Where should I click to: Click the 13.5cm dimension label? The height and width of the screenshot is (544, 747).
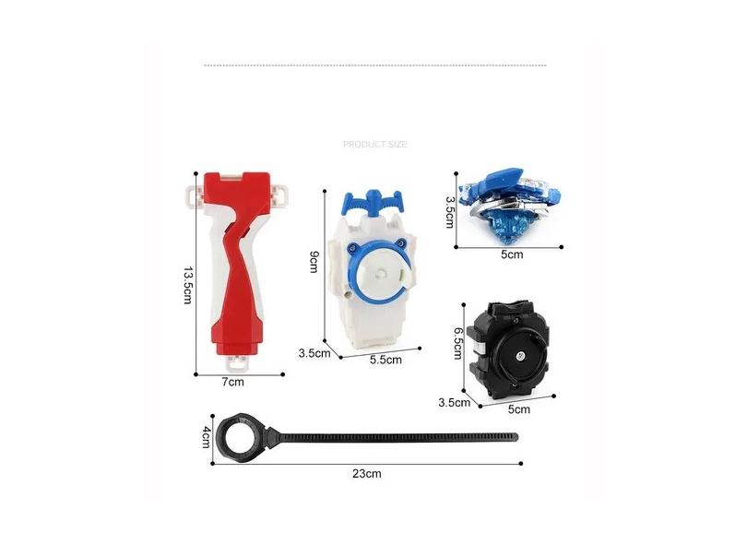(x=187, y=285)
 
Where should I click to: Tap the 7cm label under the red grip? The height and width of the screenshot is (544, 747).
(x=233, y=382)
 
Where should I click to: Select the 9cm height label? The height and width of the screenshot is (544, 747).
(x=314, y=262)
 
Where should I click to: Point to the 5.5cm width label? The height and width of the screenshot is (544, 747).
(x=385, y=360)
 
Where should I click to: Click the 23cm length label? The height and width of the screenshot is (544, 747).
(x=367, y=474)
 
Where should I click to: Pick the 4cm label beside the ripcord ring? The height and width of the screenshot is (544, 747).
(x=206, y=437)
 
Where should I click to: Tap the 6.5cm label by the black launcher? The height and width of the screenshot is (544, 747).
(x=457, y=342)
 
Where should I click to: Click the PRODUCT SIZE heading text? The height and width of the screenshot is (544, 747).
(x=375, y=145)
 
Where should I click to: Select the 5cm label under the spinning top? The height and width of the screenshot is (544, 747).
(x=512, y=254)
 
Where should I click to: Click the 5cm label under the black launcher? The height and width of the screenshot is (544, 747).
(x=519, y=409)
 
